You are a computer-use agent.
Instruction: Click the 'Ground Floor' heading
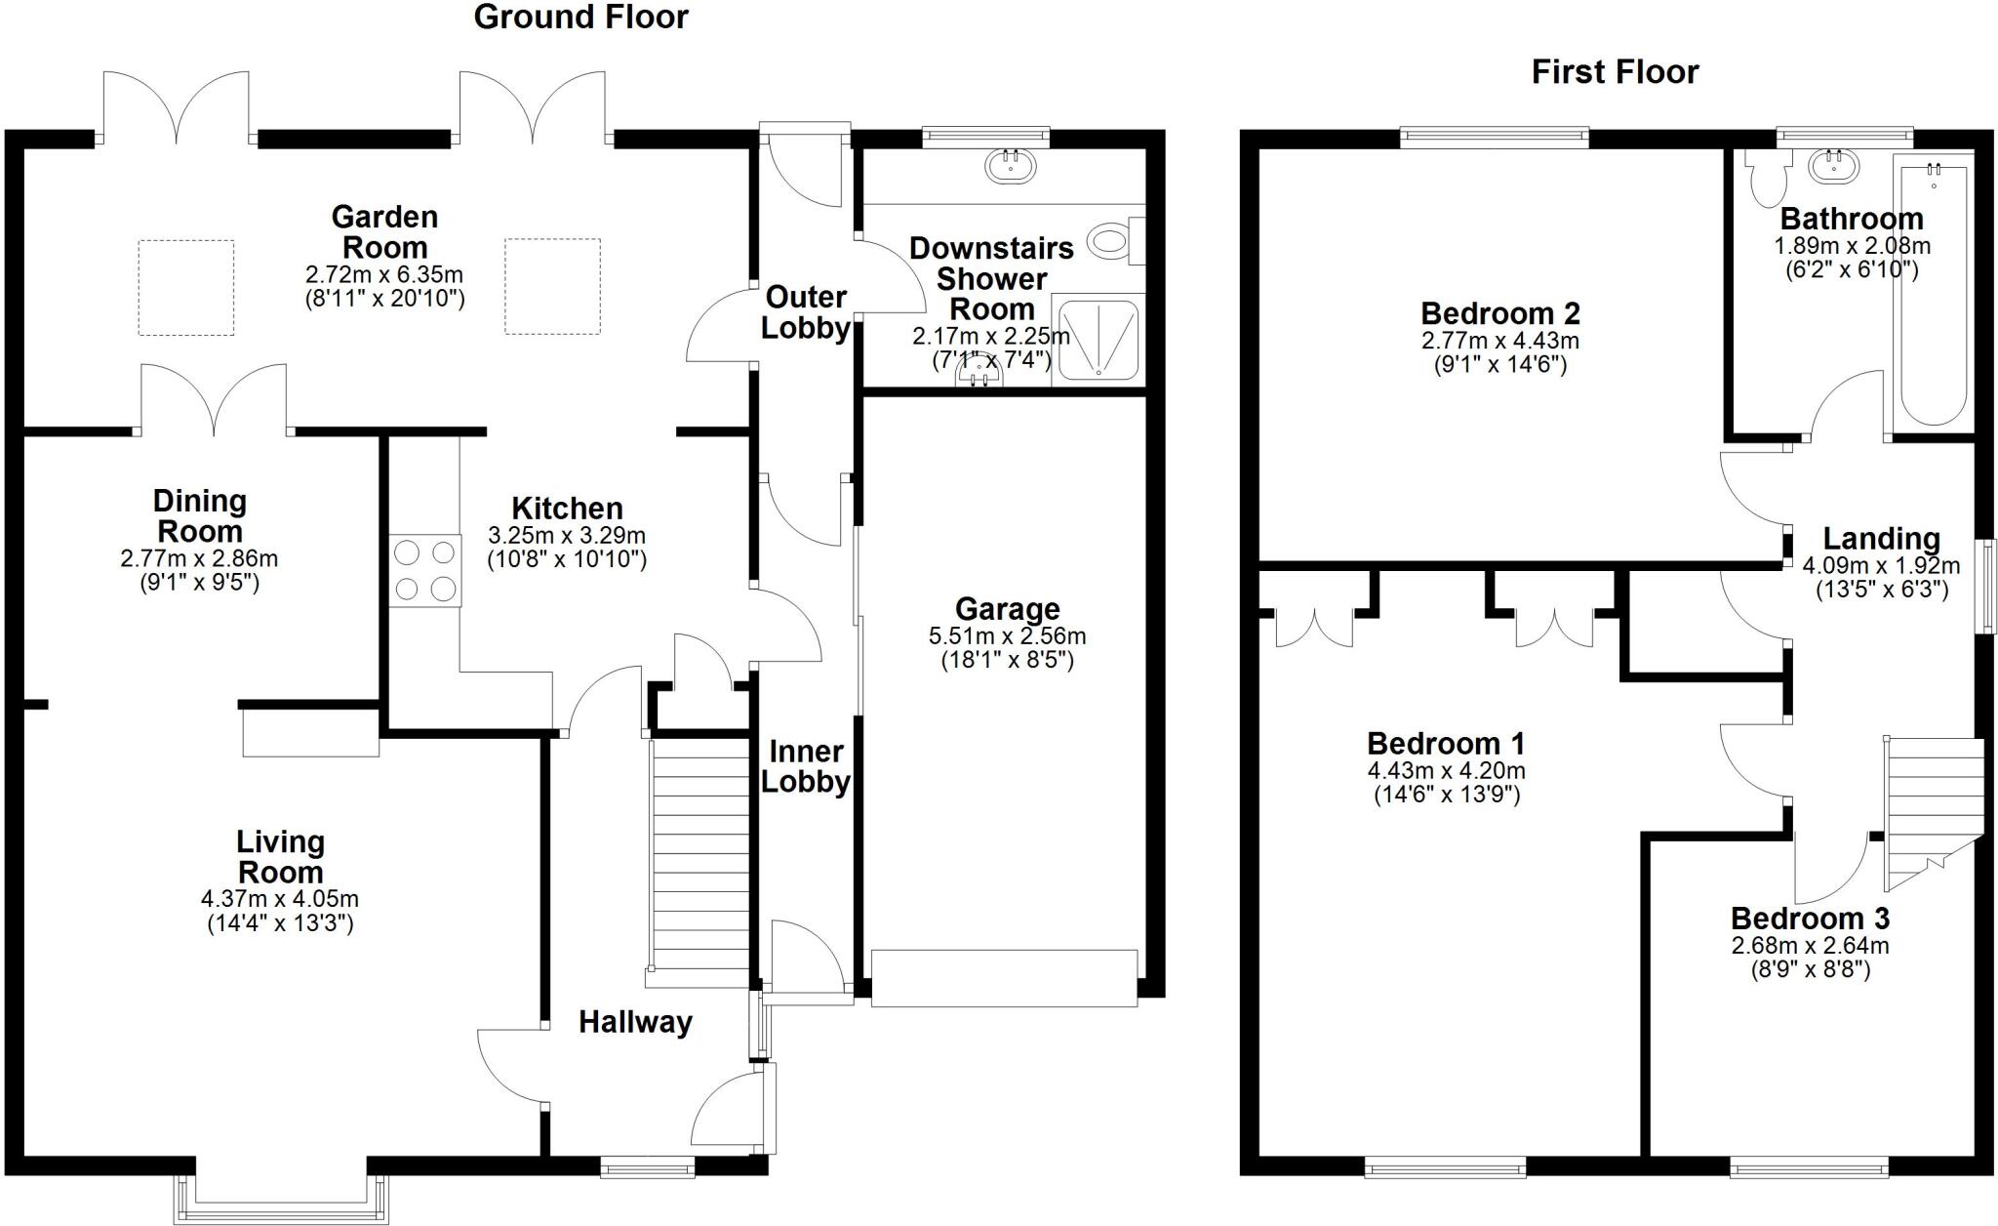(x=580, y=18)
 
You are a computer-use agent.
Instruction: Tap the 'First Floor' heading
(x=1615, y=72)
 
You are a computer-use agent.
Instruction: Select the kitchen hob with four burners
(x=425, y=571)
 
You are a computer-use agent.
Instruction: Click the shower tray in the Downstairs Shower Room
(x=1099, y=339)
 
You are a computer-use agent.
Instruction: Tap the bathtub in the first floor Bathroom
(x=1932, y=293)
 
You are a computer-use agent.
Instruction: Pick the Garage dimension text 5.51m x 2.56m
(x=1007, y=636)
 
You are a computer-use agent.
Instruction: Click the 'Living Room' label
(x=280, y=856)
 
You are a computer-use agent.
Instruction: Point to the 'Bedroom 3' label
(x=1810, y=919)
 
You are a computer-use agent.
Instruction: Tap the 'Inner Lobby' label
(x=806, y=766)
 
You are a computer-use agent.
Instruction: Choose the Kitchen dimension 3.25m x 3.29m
(x=567, y=536)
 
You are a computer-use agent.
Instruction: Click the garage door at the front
(x=1004, y=977)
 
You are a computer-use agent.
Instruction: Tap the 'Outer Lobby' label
(x=805, y=312)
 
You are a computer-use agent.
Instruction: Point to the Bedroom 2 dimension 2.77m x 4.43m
(x=1499, y=342)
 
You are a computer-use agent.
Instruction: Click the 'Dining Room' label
(x=200, y=516)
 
